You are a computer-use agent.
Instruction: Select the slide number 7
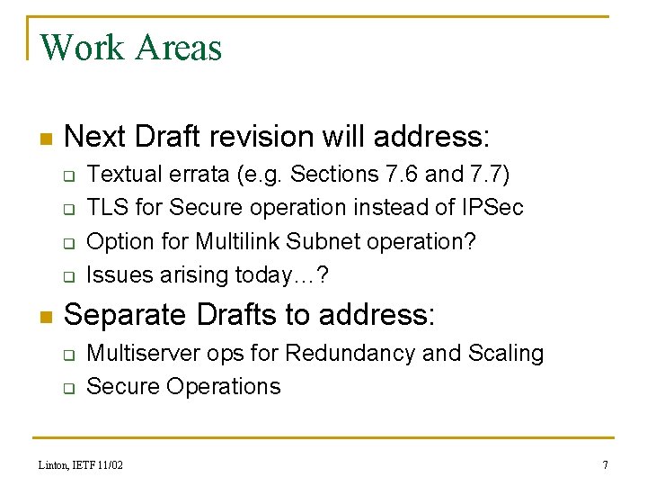(x=605, y=465)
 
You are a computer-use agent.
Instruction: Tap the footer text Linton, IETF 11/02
(x=81, y=465)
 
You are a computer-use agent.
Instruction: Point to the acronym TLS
(x=105, y=208)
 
